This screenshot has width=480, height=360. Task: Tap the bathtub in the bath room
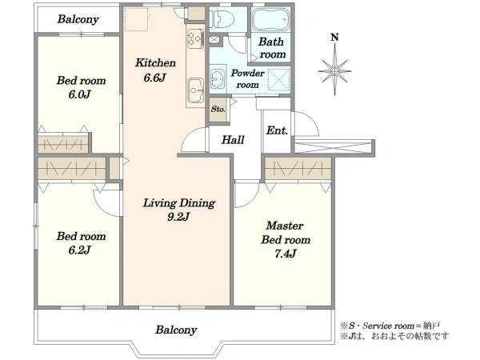[x=270, y=19]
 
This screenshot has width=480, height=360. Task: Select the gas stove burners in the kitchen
[x=195, y=38]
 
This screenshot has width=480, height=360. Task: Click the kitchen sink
[x=195, y=90]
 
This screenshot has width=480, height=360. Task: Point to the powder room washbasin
[x=218, y=79]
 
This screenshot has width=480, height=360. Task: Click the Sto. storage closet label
[x=218, y=109]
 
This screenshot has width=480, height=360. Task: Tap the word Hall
[x=233, y=140]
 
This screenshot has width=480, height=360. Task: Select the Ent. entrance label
[x=277, y=130]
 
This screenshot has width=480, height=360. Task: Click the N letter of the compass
[x=335, y=38]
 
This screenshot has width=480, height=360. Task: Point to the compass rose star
[x=335, y=70]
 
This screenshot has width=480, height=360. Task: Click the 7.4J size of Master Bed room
[x=285, y=254]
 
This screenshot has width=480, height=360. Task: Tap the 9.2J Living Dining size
[x=178, y=217]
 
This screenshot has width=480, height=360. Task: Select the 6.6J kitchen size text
[x=155, y=78]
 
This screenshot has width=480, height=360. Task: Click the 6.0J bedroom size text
[x=79, y=94]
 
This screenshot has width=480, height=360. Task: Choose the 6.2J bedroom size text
[x=79, y=250]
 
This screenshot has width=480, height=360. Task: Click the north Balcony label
[x=78, y=19]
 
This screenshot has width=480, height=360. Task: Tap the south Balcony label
[x=176, y=330]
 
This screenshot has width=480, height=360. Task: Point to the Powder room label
[x=247, y=78]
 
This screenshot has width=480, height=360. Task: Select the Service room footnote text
[x=390, y=326]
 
